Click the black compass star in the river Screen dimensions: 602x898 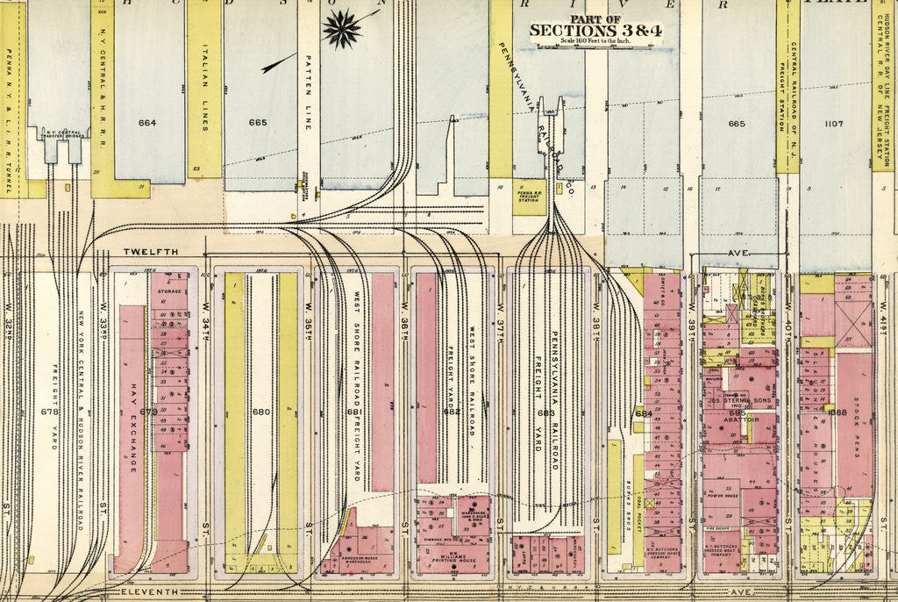click(x=342, y=27)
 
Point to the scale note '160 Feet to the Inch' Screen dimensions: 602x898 click(x=595, y=41)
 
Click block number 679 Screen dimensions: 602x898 click(x=148, y=412)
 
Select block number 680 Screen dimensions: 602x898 click(x=260, y=412)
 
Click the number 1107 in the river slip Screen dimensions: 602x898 click(x=833, y=124)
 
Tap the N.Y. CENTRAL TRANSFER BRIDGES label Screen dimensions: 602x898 click(x=61, y=132)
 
